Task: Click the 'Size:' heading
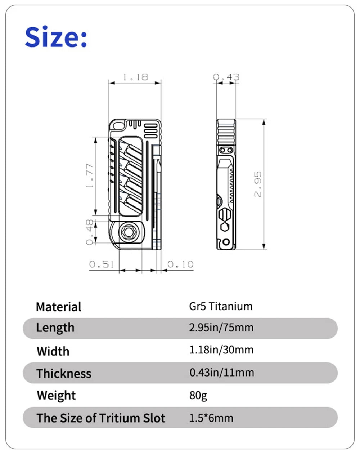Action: [x=56, y=37]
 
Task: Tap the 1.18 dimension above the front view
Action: [x=135, y=77]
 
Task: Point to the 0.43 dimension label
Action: [x=226, y=77]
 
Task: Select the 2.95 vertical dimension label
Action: [x=258, y=184]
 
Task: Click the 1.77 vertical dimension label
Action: [x=90, y=175]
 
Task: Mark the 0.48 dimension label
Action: [x=90, y=232]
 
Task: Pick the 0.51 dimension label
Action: [x=102, y=264]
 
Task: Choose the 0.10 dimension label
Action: [x=180, y=264]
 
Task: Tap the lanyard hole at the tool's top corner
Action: [x=117, y=126]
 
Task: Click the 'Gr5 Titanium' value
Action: [x=221, y=306]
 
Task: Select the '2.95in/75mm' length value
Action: [x=221, y=328]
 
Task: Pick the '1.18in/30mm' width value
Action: [x=221, y=350]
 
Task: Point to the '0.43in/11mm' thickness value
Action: [x=221, y=372]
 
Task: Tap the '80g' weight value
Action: [x=198, y=395]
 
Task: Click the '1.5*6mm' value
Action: [x=211, y=418]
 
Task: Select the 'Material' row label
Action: [x=59, y=307]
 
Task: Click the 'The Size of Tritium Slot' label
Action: [x=101, y=418]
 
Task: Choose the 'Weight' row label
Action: [x=56, y=395]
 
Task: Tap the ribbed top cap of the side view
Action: [x=226, y=131]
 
